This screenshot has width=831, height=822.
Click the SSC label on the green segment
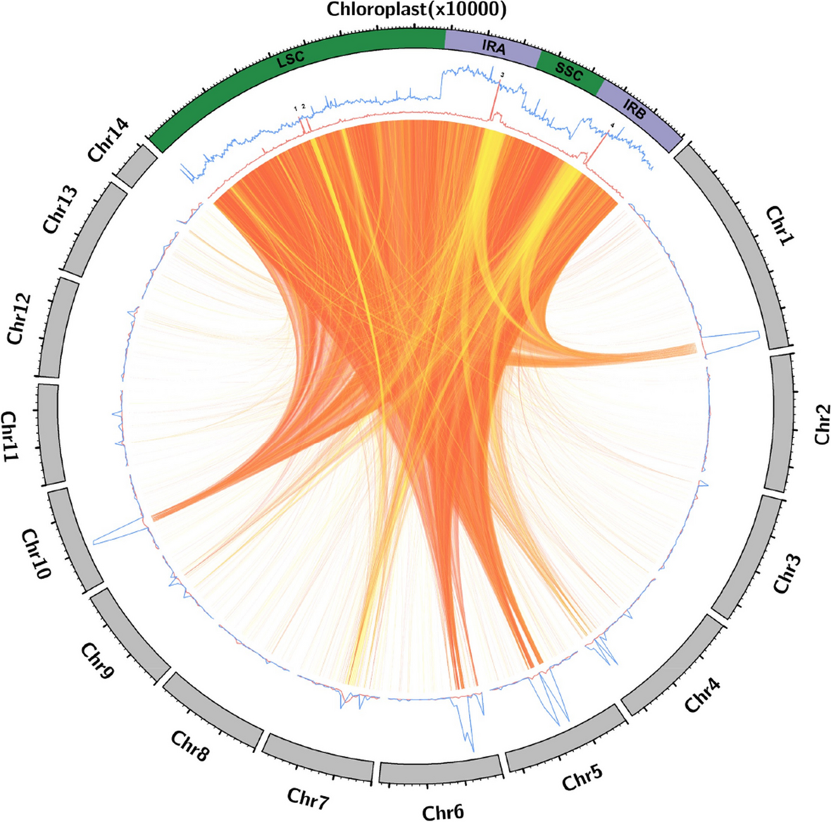pos(569,72)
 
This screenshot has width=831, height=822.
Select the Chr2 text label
pos(821,423)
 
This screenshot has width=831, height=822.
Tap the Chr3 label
pos(787,572)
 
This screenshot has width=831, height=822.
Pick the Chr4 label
pos(704,691)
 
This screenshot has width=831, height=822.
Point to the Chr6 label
pos(443,811)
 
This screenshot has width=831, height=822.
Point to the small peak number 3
pos(501,75)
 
